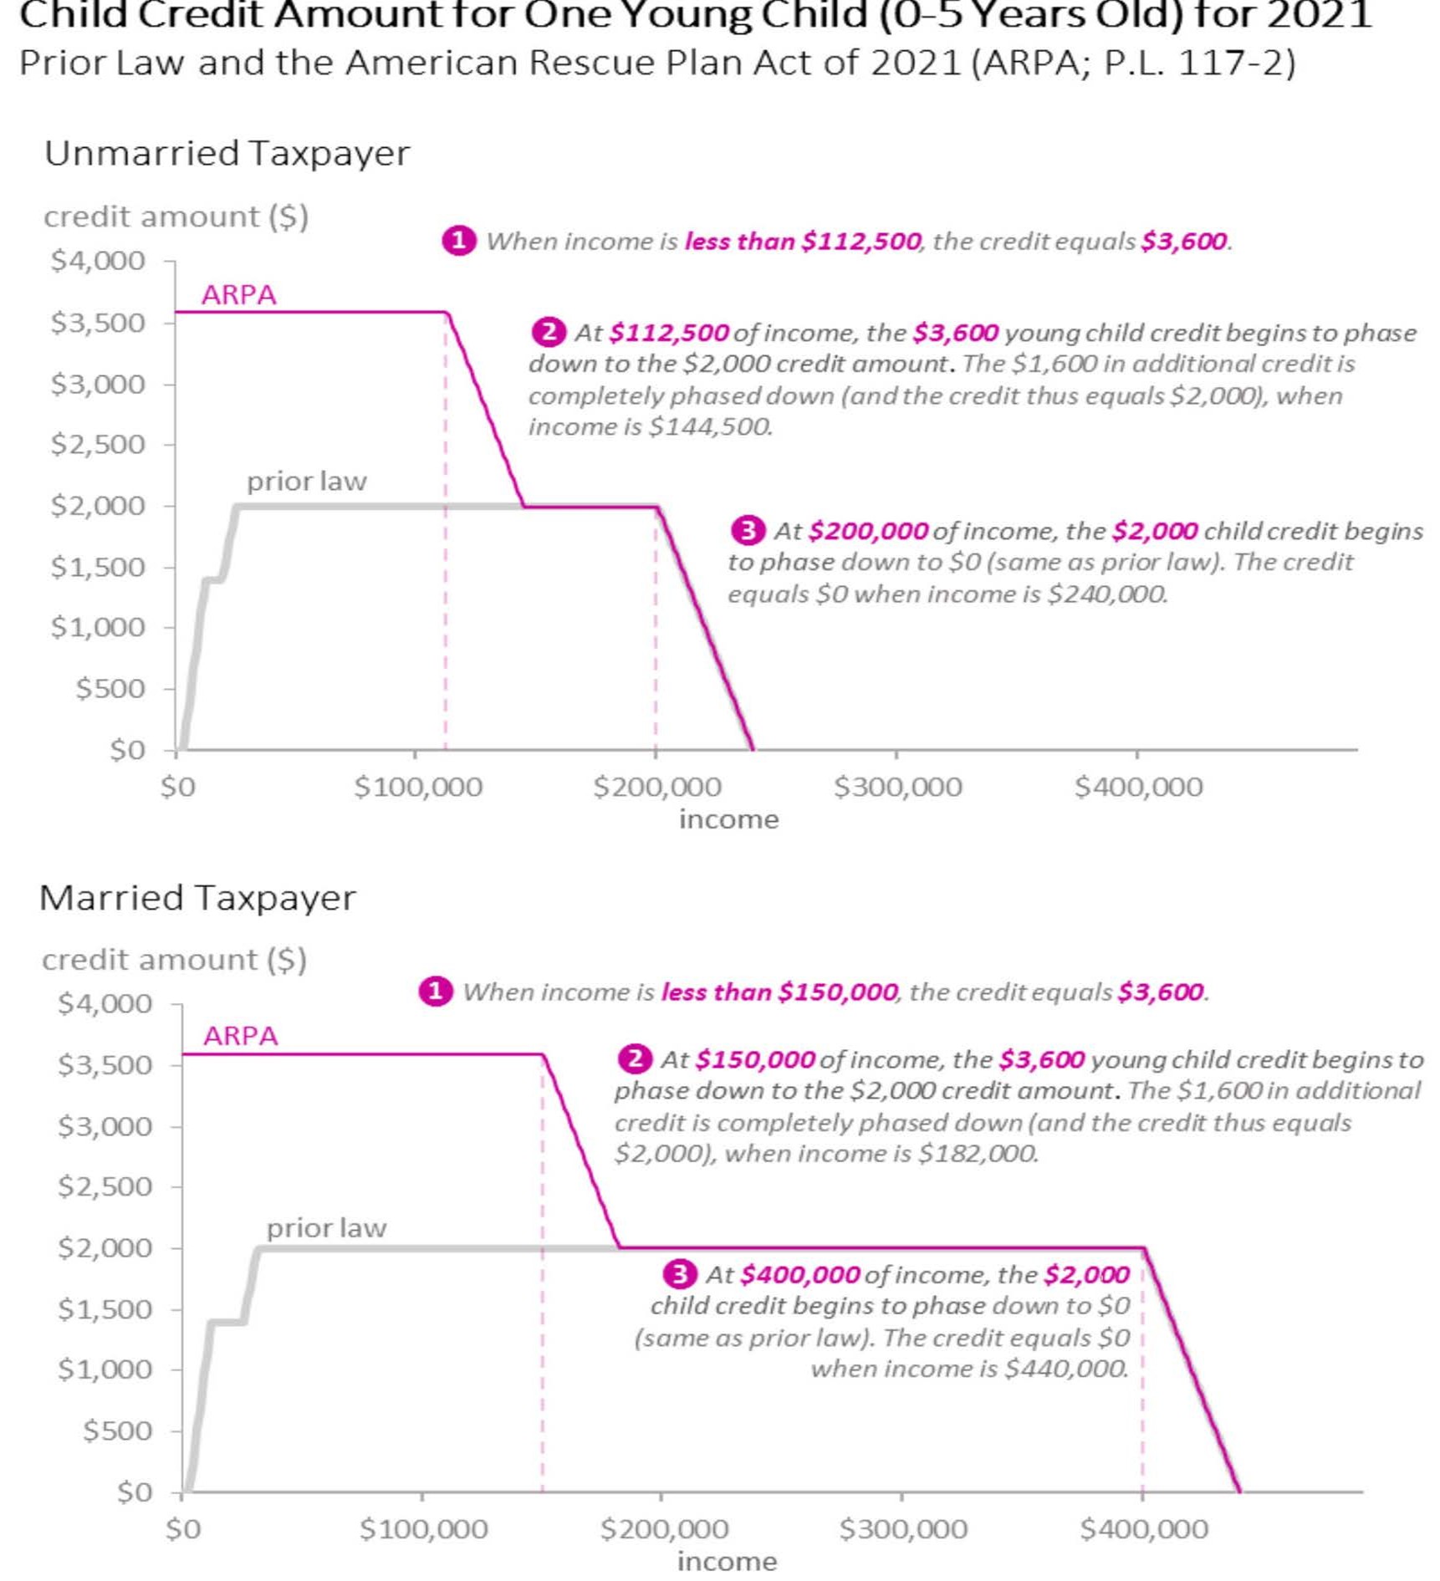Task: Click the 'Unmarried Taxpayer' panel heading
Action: coord(227,153)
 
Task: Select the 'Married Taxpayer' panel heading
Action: coord(197,897)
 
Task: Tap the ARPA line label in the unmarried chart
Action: coord(238,294)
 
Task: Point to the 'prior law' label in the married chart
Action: coord(326,1227)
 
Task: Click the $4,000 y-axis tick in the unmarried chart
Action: coord(98,261)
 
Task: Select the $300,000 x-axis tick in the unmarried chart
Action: coord(897,787)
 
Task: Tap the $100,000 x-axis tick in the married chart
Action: coord(423,1529)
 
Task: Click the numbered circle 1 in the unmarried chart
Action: coord(458,241)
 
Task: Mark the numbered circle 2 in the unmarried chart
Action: coord(548,332)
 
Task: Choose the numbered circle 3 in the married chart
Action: coord(679,1274)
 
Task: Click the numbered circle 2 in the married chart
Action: coord(635,1059)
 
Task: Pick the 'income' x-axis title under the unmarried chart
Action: coord(728,819)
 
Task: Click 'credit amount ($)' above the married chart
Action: coord(174,960)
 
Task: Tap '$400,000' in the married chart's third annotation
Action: coord(799,1275)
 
